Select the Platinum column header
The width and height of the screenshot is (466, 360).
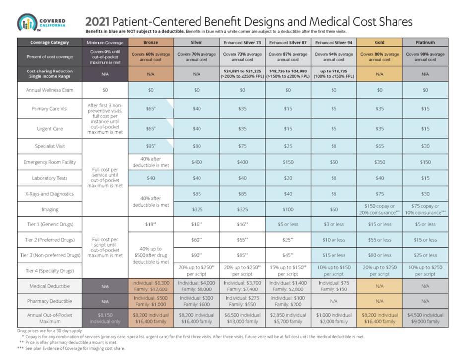pyautogui.click(x=426, y=42)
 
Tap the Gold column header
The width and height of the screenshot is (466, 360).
pyautogui.click(x=380, y=42)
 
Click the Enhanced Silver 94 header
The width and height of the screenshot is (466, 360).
pyautogui.click(x=333, y=42)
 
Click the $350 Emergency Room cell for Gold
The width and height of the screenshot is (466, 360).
pyautogui.click(x=380, y=162)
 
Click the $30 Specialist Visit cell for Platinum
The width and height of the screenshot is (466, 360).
pyautogui.click(x=426, y=146)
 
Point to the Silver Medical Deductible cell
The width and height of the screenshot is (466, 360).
pyautogui.click(x=196, y=286)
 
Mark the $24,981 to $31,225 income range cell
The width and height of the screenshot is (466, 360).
pyautogui.click(x=242, y=74)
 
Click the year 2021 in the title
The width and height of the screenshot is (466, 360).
pyautogui.click(x=97, y=22)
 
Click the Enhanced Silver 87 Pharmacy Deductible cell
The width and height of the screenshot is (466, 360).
pyautogui.click(x=288, y=301)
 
